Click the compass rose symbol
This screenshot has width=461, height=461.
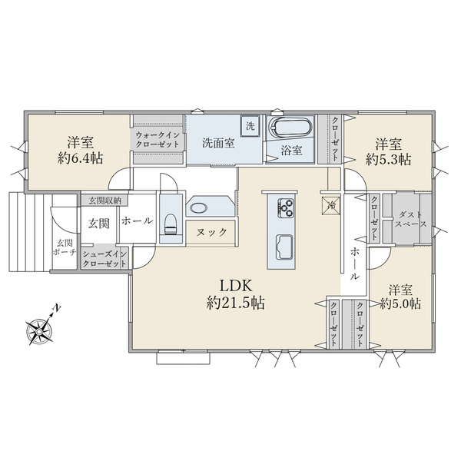coord(39,330)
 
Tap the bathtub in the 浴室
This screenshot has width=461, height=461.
coord(290,128)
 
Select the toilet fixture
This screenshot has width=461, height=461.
coord(170,224)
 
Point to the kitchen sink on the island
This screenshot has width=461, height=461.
coord(284,247)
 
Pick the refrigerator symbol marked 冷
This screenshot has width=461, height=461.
coord(331,205)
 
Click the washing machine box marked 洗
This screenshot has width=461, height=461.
coord(250,126)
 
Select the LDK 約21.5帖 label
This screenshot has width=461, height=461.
coord(236,294)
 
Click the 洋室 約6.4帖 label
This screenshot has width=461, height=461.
coord(80,151)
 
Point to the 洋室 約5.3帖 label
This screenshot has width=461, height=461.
coord(388,151)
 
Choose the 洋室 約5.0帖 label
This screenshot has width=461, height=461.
coord(400,297)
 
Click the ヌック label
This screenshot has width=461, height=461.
coord(211,232)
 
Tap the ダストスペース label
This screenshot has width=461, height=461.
coord(410,219)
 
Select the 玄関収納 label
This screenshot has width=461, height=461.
coord(105,201)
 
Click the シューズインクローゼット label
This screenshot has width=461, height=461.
coord(104,259)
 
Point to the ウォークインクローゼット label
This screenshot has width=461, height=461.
coord(158,140)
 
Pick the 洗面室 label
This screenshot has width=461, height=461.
coord(218,143)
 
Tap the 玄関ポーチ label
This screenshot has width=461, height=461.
coord(65,247)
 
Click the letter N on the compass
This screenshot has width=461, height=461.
coord(56,308)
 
